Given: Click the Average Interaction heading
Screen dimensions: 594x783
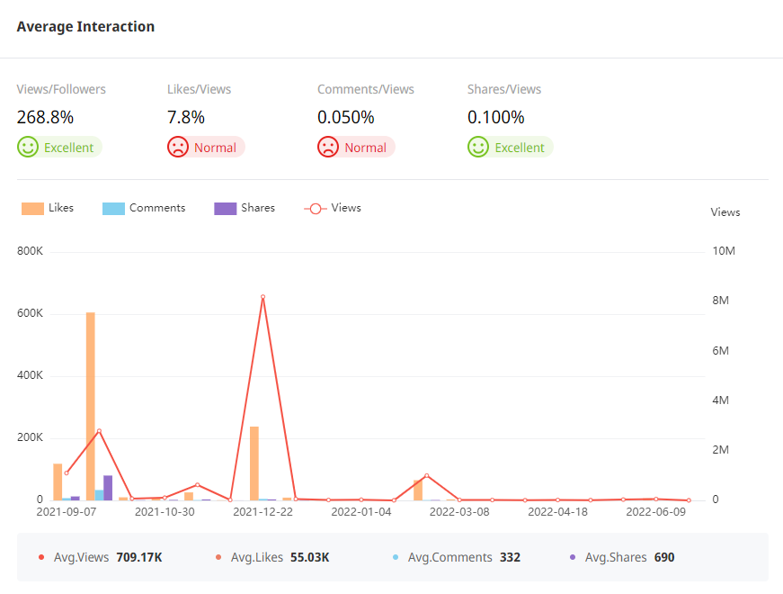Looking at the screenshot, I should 85,27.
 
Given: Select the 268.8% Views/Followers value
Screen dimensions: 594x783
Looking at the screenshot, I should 45,117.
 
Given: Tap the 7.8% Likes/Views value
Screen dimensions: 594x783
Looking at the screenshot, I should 186,117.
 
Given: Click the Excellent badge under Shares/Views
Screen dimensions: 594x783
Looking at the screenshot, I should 510,148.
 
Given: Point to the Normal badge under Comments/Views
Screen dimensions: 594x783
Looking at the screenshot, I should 356,148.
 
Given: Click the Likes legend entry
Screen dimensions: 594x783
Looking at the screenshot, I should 49,208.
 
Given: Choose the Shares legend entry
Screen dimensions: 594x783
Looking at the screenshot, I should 245,208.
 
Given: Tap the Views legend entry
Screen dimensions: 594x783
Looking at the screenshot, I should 333,208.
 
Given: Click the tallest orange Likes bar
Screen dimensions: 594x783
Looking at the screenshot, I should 91,406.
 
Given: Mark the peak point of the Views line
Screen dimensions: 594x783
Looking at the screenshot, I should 262,297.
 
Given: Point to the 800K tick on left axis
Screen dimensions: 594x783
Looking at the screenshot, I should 30,251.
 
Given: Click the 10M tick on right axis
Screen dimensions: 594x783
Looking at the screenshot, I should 724,251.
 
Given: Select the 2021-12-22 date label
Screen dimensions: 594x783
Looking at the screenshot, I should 262,512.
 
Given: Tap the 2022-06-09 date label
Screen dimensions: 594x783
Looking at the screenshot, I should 655,512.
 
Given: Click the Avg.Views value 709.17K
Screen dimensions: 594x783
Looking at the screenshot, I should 139,557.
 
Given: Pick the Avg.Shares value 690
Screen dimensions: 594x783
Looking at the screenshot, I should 664,557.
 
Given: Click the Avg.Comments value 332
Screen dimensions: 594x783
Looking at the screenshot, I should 510,557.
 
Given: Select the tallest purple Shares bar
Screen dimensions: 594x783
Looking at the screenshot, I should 108,488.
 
